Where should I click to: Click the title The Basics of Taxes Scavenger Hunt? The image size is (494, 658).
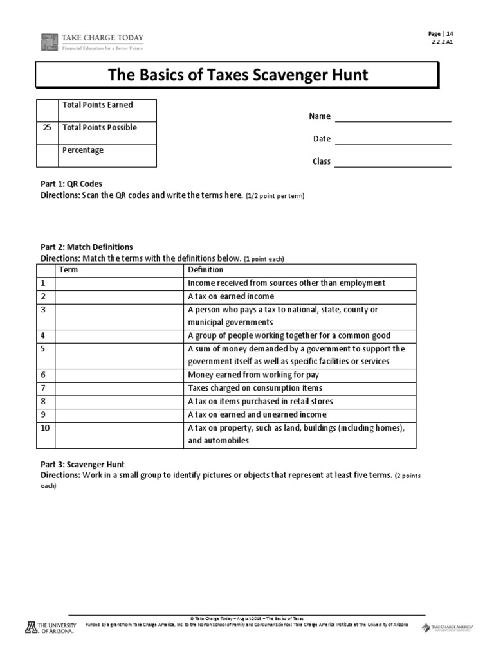(237, 75)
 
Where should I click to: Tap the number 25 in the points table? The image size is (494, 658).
(47, 127)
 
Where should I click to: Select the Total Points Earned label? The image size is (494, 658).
(97, 105)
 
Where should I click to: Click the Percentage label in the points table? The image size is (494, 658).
(82, 150)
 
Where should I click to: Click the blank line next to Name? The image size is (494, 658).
(393, 116)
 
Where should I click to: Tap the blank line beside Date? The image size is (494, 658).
(393, 139)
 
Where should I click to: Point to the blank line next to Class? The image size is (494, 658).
(393, 161)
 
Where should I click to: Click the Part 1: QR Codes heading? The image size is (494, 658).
(71, 184)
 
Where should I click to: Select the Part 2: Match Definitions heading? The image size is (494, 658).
(86, 247)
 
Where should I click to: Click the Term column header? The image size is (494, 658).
(68, 270)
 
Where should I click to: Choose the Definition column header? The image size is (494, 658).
(205, 270)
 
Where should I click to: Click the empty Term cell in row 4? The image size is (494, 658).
(119, 335)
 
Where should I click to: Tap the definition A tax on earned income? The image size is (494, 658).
(231, 296)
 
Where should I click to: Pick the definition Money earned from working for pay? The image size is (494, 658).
(253, 375)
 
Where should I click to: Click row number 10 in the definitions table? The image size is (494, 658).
(45, 428)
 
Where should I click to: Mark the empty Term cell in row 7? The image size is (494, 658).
(119, 388)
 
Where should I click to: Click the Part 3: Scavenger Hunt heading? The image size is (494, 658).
(82, 464)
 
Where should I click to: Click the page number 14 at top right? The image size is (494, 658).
(450, 34)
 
